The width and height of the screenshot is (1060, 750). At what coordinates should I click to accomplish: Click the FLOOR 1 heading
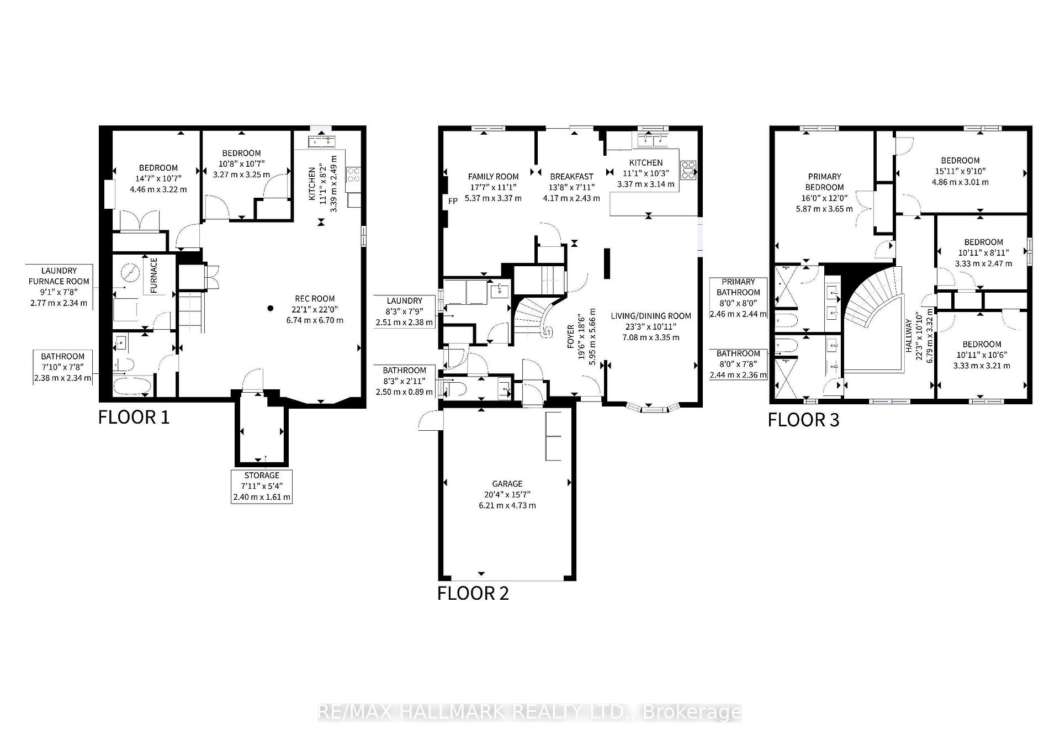point(134,417)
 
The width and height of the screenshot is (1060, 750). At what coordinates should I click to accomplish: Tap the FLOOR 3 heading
point(803,420)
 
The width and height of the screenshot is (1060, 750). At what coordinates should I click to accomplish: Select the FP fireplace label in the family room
point(453,201)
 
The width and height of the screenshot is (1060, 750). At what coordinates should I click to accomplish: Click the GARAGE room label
point(507,484)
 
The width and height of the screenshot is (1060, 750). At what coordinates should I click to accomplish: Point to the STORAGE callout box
point(262,486)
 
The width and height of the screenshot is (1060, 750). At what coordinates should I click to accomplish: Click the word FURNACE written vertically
point(154,275)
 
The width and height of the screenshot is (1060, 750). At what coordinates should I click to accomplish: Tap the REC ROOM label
point(315,299)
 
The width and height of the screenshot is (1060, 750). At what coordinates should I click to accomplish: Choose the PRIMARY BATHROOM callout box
point(738,298)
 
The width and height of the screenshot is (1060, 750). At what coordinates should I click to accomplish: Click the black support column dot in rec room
point(271,308)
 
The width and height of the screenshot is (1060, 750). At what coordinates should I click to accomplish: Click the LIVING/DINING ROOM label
point(651,316)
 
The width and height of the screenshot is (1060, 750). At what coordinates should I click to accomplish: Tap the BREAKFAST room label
point(571,177)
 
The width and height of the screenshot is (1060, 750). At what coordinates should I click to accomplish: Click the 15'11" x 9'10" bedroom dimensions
point(960,171)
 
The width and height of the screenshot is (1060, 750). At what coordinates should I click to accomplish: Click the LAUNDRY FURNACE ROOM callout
point(59,287)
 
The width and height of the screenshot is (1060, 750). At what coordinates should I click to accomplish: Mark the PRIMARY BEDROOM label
point(824,182)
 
